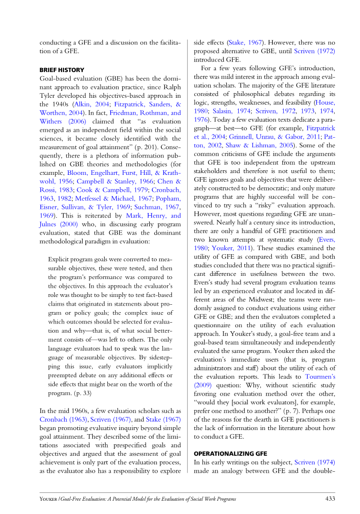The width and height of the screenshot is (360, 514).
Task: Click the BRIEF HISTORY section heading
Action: point(62,70)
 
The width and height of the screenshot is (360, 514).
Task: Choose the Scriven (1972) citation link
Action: point(314,51)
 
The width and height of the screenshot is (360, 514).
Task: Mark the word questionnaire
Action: point(217,325)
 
